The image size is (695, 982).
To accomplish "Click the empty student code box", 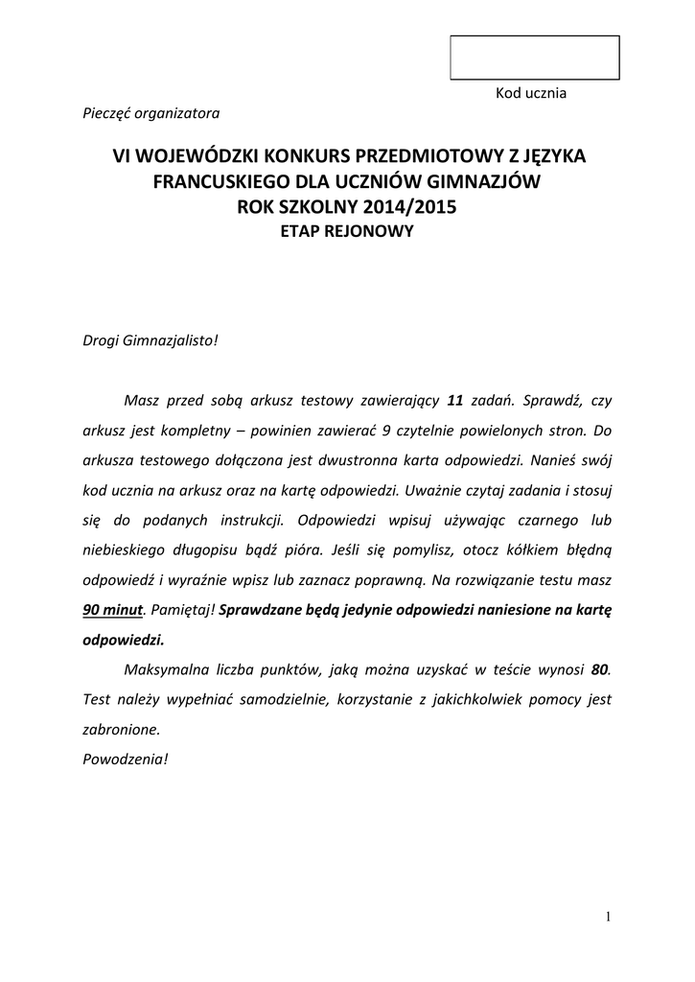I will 535,58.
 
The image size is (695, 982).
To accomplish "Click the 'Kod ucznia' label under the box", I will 531,94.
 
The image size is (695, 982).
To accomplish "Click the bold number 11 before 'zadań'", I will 456,401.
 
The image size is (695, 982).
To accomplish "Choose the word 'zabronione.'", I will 122,730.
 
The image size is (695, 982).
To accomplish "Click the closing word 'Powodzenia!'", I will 126,760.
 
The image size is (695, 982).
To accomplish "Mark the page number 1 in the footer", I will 607,917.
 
